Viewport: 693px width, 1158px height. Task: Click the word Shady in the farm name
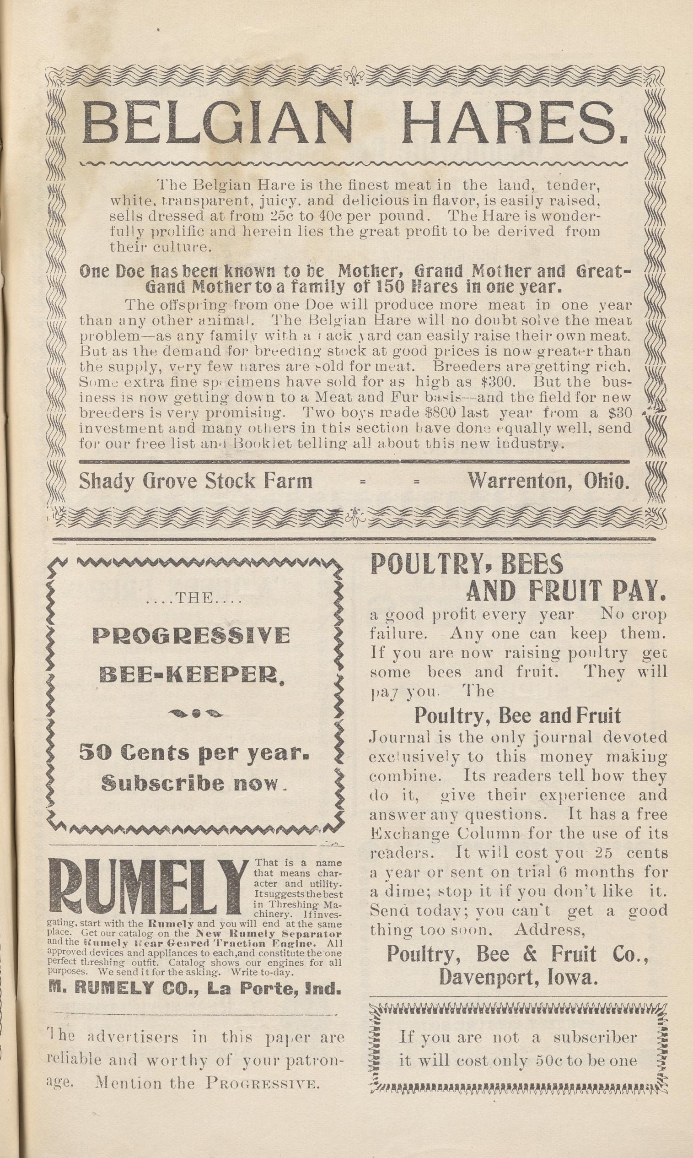(x=102, y=481)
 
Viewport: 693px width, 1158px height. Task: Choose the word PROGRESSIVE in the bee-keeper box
(x=192, y=636)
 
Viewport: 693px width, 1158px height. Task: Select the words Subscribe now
(x=193, y=784)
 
